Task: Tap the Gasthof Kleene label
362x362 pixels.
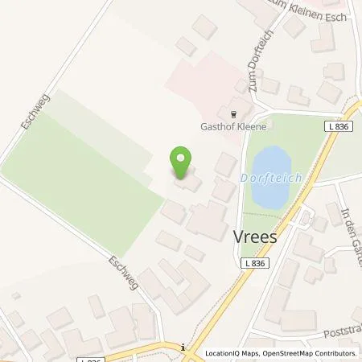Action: tap(234, 126)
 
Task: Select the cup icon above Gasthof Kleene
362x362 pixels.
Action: tap(234, 114)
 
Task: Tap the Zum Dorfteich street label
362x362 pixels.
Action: tap(248, 68)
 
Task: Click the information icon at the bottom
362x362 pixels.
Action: tap(184, 347)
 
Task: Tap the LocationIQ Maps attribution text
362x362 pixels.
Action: tap(230, 353)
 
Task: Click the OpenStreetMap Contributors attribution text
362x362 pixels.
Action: tap(309, 353)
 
